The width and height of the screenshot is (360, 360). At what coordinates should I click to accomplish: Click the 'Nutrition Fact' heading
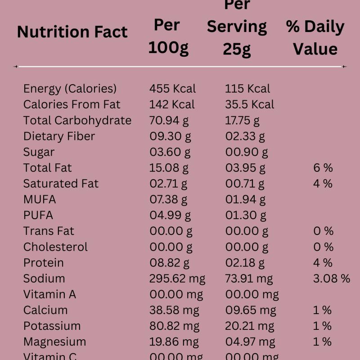tap(72, 32)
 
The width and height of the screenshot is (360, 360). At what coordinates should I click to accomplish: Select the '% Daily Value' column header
tap(315, 38)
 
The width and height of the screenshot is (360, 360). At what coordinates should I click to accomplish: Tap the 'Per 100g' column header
tap(168, 36)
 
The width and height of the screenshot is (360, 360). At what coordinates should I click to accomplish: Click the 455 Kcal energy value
tap(172, 89)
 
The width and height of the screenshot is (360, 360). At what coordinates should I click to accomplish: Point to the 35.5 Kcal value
tap(249, 104)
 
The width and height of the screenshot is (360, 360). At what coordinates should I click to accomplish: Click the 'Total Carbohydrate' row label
tap(77, 120)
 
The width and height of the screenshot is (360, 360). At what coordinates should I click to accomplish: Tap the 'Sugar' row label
tap(39, 152)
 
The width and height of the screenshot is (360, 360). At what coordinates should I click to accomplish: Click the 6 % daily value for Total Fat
tap(323, 168)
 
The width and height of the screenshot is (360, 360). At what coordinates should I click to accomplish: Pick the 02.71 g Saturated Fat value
tap(168, 184)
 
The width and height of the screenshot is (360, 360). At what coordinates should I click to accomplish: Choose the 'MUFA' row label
tap(40, 199)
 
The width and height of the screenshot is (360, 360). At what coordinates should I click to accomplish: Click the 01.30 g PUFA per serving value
tap(246, 215)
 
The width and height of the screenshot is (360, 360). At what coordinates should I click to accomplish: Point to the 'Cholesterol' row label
tap(55, 247)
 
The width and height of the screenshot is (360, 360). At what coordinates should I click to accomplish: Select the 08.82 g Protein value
tap(169, 262)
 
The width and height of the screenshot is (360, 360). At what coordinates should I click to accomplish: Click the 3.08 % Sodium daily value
tap(331, 279)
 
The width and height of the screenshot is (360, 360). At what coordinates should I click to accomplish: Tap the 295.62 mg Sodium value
tap(177, 279)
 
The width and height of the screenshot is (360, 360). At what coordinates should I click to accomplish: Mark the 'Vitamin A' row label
tap(49, 294)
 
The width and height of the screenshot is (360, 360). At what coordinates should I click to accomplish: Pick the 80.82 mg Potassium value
tap(174, 326)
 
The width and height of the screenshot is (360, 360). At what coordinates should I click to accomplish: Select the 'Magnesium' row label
tap(54, 342)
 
